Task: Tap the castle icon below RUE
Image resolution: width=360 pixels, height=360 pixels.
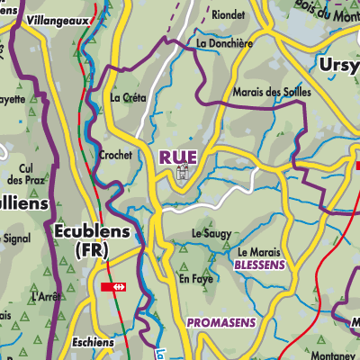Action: (x=182, y=173)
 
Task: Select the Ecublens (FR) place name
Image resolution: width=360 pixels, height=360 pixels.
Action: (x=93, y=239)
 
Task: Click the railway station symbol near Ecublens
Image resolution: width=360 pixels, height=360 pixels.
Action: (x=114, y=287)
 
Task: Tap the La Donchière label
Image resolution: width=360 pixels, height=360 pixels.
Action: (x=223, y=42)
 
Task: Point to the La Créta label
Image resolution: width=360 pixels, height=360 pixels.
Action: (x=127, y=97)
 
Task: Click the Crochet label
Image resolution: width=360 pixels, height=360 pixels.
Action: (x=117, y=155)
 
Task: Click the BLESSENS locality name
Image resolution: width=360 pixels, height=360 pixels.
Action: (x=259, y=265)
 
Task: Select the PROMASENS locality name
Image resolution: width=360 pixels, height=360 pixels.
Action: (x=221, y=321)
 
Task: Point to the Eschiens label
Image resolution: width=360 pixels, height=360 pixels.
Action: (x=94, y=343)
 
